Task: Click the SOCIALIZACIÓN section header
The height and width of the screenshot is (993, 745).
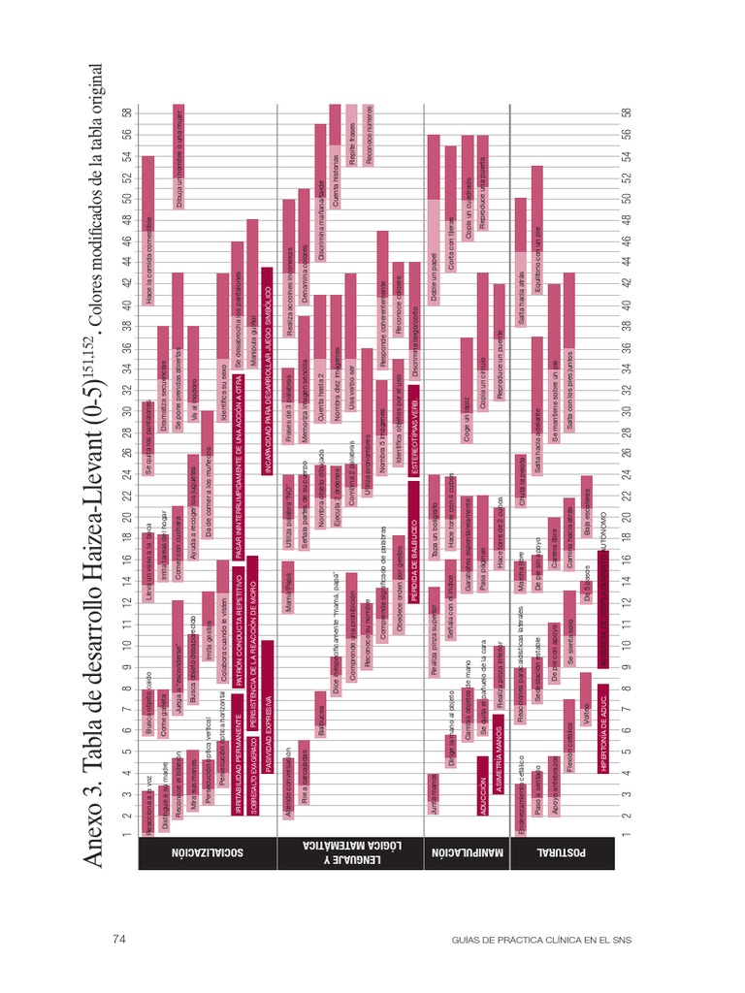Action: click(x=207, y=854)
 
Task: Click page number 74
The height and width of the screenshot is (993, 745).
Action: click(x=120, y=939)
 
